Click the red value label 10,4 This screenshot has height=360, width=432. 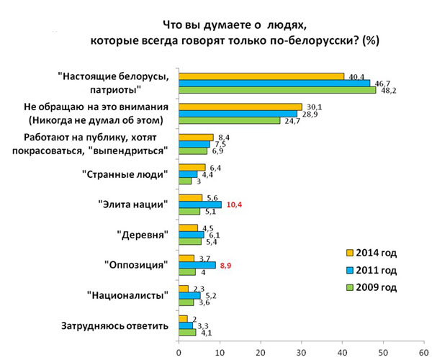point(235,205)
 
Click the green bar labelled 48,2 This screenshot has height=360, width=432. point(277,90)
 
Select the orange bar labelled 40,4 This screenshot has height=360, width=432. point(261,76)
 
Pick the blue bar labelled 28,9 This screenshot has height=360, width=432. point(238,114)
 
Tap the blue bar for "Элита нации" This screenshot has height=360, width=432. point(200,205)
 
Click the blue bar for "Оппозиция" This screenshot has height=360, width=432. point(197,266)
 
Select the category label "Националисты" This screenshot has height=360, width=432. point(127,295)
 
